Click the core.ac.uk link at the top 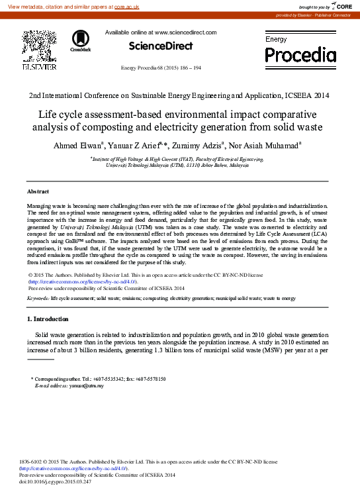[x=127, y=6]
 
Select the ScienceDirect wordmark [x=161, y=46]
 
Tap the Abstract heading [x=38, y=191]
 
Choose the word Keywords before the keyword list [x=38, y=299]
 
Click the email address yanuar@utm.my [x=88, y=385]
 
